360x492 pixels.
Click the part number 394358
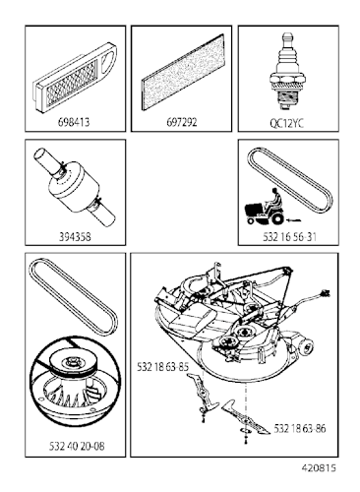coord(75,237)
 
